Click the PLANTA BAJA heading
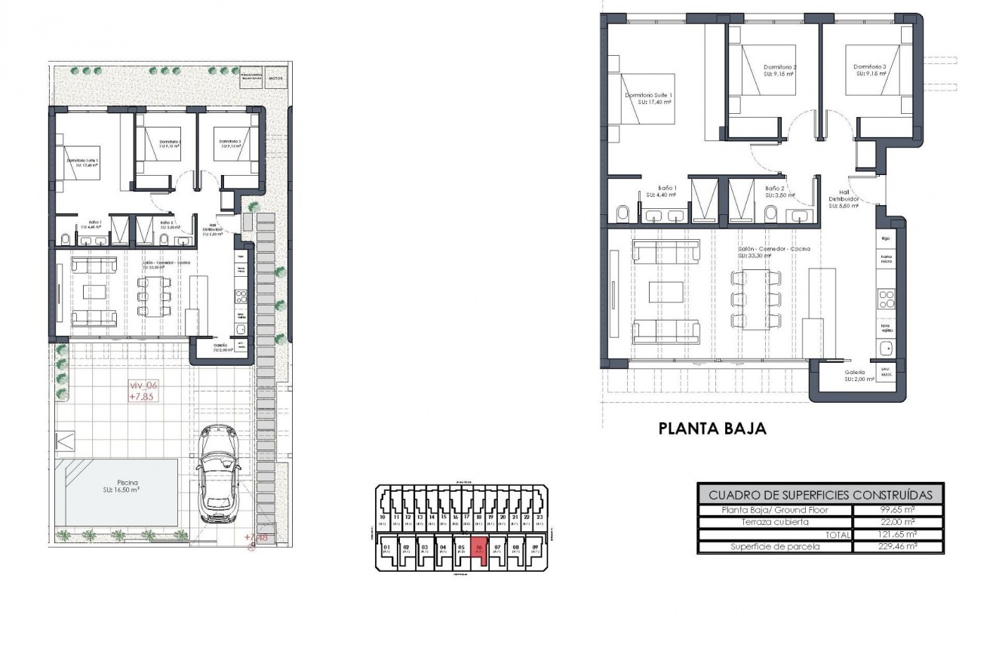pos(712,429)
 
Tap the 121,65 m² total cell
pos(897,534)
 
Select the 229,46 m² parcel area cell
pos(897,546)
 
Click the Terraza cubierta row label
pos(775,522)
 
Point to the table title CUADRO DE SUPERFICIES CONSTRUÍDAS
pos(820,495)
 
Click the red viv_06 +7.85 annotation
pos(143,390)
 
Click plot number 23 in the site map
pos(539,517)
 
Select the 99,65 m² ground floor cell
pos(897,510)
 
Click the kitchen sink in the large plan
pos(886,349)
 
